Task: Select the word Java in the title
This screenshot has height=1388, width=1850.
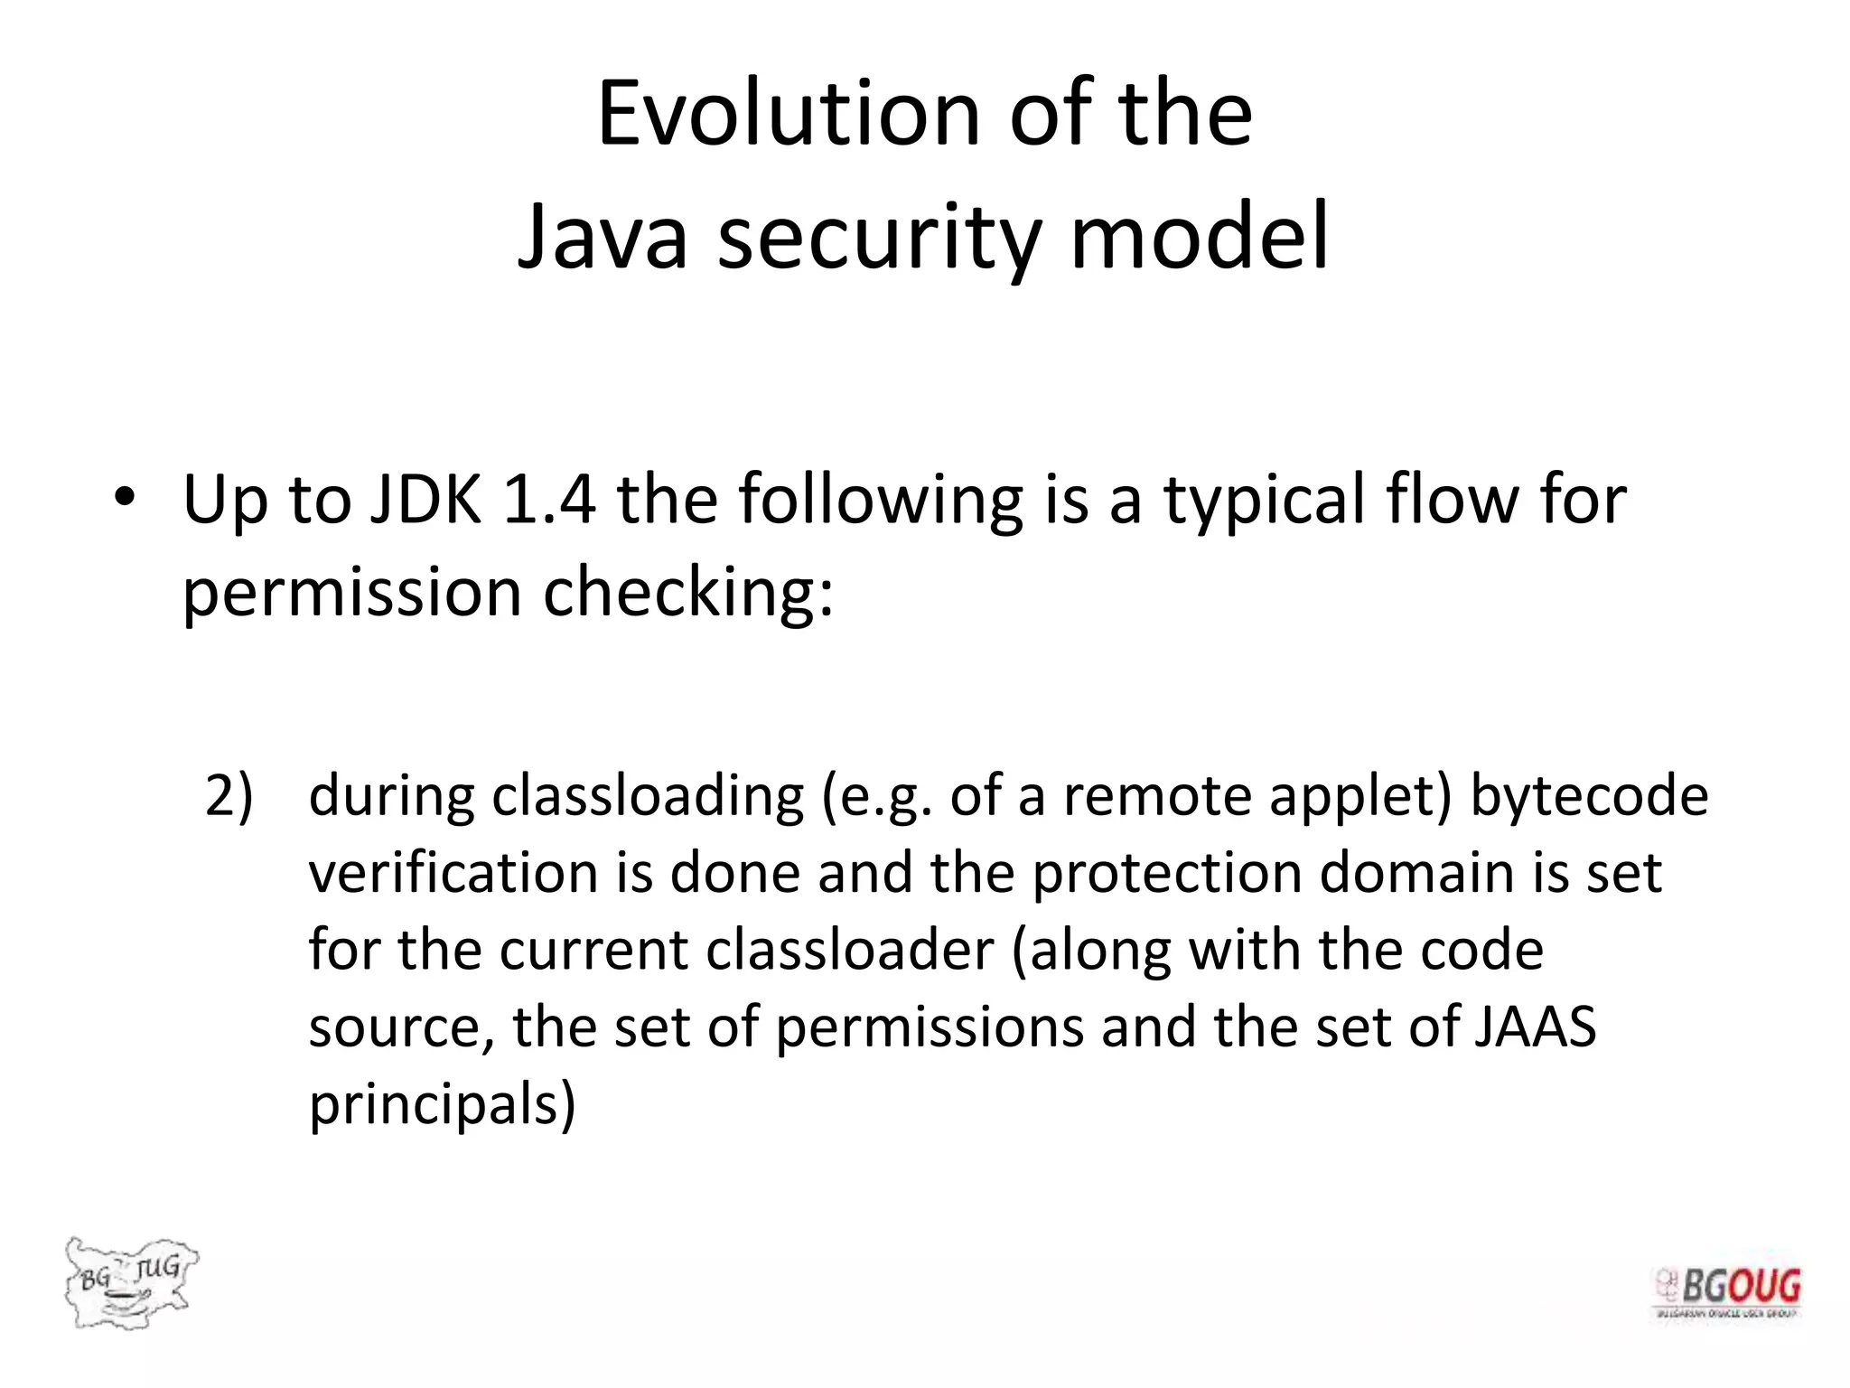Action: tap(602, 238)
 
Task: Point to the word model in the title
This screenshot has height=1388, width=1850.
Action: tap(1199, 238)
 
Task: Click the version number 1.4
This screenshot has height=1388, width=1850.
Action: tap(549, 499)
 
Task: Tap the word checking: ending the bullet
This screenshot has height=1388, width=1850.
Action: tap(688, 594)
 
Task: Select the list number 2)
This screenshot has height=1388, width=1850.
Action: tap(229, 796)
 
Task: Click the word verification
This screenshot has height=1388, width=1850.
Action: tap(453, 873)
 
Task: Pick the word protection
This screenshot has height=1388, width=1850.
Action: tap(1166, 875)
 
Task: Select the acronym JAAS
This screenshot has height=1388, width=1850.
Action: tap(1535, 1027)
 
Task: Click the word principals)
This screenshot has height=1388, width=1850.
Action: tap(442, 1105)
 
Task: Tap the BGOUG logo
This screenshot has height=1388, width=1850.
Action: tap(1727, 1293)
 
